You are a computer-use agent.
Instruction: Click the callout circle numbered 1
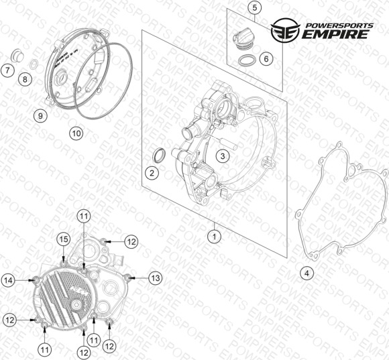point(215,237)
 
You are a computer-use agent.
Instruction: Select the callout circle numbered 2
point(152,173)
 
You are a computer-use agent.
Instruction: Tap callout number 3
point(223,156)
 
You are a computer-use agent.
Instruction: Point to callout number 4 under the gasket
point(307,274)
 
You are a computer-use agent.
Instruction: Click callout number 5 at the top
point(255,7)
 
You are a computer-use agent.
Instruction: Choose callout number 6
point(266,59)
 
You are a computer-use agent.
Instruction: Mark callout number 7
point(7,70)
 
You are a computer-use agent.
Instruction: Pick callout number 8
point(25,80)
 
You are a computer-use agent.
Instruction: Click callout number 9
point(40,115)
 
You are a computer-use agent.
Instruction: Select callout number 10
point(76,133)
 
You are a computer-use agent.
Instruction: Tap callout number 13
point(156,278)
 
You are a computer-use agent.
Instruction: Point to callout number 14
point(8,280)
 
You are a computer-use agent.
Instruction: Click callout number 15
point(64,239)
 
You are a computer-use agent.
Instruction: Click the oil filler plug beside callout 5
point(243,39)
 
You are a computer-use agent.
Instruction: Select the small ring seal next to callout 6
point(247,60)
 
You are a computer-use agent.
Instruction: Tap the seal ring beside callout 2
point(159,156)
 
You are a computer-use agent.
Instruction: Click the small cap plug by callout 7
point(17,55)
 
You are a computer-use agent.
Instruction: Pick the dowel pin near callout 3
point(228,144)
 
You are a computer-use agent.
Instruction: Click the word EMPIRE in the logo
point(335,34)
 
